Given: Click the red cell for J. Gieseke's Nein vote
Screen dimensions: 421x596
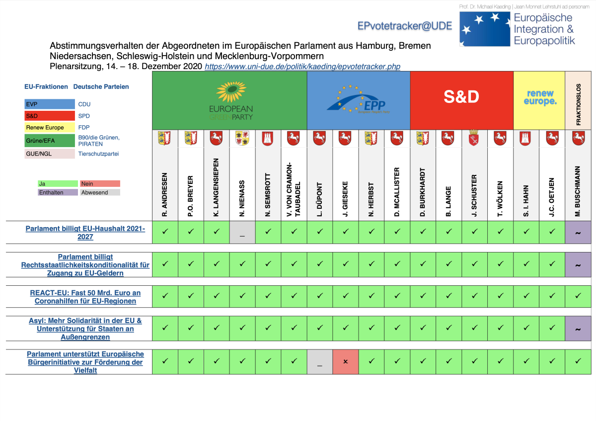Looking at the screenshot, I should point(346,361).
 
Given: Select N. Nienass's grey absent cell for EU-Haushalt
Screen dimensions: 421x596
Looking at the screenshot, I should point(242,233).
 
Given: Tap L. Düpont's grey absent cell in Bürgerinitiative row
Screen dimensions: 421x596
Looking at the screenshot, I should point(320,361).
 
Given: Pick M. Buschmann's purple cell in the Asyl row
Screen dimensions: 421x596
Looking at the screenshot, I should point(578,329).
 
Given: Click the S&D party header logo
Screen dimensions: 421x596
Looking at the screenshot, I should point(461,97).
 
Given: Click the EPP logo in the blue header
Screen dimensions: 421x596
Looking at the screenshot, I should point(358,100).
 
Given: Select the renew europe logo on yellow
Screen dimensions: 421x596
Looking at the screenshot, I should point(539,97).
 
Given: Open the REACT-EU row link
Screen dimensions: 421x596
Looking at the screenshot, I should point(85,297).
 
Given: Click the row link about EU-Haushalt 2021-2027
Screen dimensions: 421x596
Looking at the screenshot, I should point(85,233).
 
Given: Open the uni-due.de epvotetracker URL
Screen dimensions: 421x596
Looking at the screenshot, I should point(302,66).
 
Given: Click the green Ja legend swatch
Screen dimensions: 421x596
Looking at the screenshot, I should point(58,183).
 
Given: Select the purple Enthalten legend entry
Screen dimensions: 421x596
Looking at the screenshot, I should point(58,192).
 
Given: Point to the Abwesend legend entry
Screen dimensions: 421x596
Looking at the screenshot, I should point(100,192).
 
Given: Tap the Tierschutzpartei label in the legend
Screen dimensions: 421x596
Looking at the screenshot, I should point(98,154).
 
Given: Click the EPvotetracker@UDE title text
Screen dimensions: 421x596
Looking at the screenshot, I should point(405,25).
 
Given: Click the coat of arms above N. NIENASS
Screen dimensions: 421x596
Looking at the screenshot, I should point(242,138).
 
